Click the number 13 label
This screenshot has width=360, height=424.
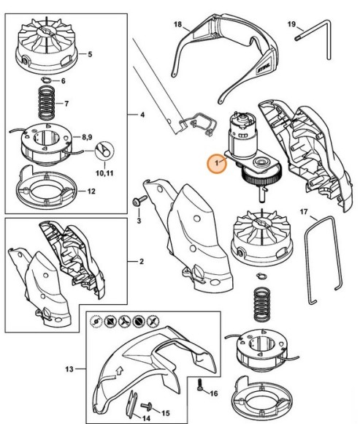click(70, 370)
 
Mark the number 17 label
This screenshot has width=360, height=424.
click(304, 213)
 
